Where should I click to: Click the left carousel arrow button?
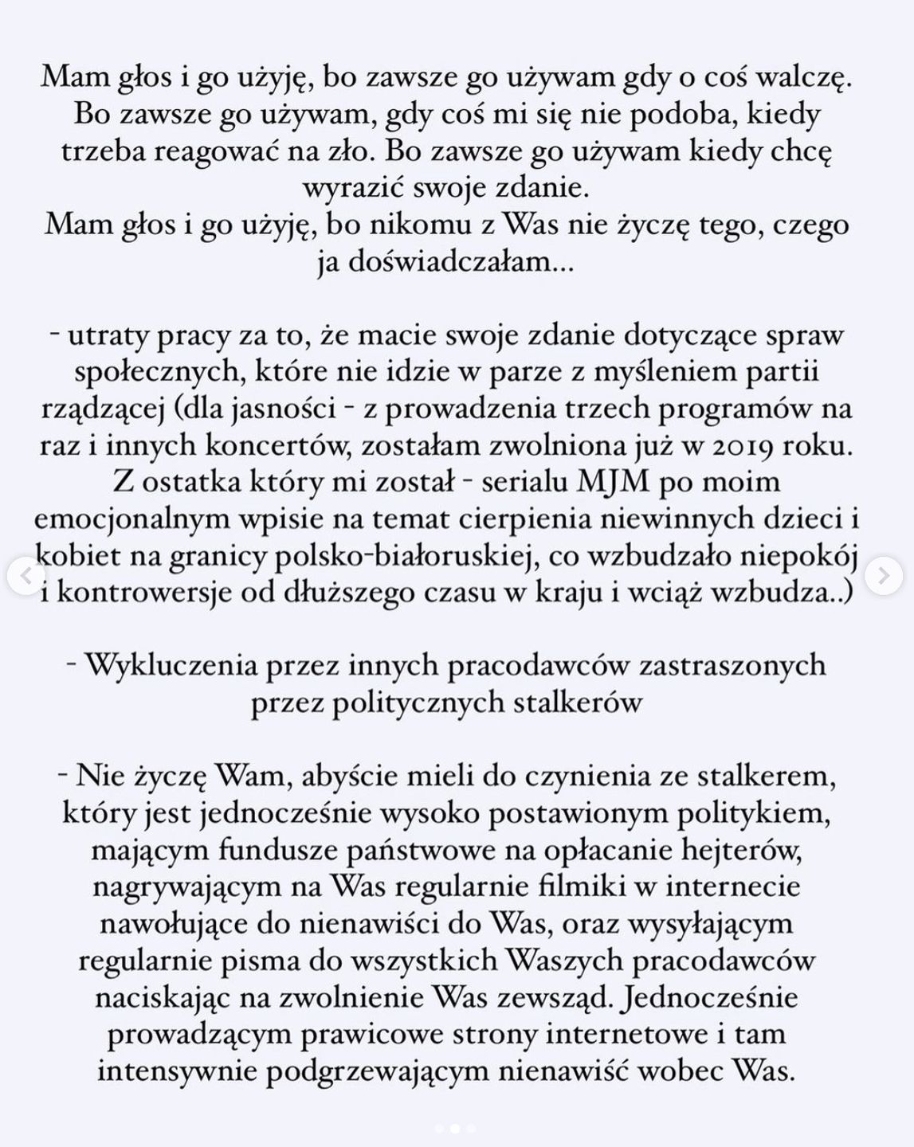click(x=25, y=575)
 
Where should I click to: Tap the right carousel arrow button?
click(x=885, y=575)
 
